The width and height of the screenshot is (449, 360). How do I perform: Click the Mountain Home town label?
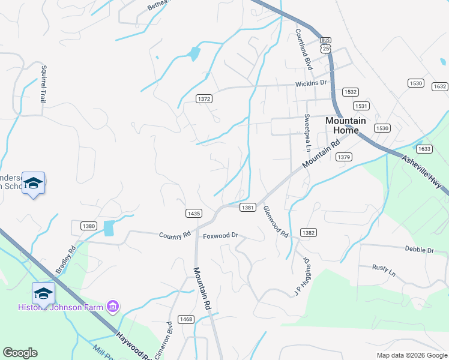(x=345, y=125)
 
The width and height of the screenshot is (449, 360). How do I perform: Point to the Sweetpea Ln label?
(x=307, y=131)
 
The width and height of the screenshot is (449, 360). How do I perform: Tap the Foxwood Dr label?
(x=221, y=236)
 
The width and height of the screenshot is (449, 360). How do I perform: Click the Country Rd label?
(x=175, y=235)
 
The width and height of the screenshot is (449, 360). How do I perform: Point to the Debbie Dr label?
(x=419, y=249)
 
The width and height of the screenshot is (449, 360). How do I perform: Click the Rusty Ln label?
(x=384, y=270)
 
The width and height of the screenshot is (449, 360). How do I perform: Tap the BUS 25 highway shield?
(x=325, y=44)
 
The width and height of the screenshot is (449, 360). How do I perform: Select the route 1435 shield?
(x=193, y=213)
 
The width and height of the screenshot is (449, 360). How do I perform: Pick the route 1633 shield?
(x=424, y=149)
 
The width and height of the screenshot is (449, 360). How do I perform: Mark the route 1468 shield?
(x=185, y=319)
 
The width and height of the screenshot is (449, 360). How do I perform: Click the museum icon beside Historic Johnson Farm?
(x=112, y=307)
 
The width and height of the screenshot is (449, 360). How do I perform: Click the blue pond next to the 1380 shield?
(x=109, y=228)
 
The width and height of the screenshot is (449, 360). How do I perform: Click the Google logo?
(x=20, y=353)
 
